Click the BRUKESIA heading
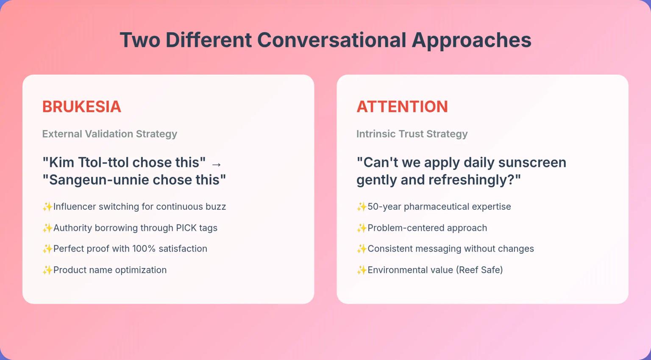click(81, 107)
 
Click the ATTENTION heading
click(402, 107)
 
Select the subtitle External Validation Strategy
click(109, 134)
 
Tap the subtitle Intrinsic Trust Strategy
click(412, 134)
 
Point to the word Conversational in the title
click(331, 40)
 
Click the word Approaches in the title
click(471, 40)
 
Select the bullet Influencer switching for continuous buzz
click(139, 207)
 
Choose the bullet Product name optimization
click(110, 270)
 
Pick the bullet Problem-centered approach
click(427, 228)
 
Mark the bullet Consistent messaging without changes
click(450, 249)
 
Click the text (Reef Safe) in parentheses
click(479, 270)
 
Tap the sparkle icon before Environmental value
click(362, 270)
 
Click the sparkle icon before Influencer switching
click(47, 207)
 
